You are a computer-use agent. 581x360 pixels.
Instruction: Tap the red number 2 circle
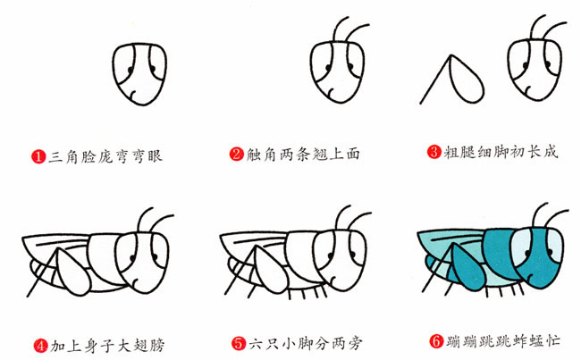[236, 155]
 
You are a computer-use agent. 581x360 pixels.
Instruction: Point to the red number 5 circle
[237, 342]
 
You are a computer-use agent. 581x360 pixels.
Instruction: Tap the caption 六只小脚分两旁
[304, 342]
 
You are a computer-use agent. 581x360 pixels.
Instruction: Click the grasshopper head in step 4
[143, 258]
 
